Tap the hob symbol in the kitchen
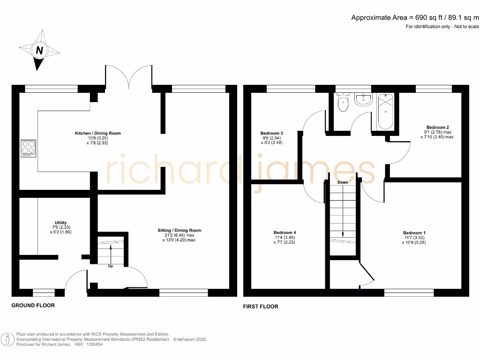click(28, 149)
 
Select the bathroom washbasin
click(363, 99)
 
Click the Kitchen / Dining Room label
click(98, 133)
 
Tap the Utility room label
click(60, 223)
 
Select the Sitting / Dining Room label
click(180, 230)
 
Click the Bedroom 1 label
click(414, 233)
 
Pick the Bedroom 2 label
click(438, 127)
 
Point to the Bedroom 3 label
click(271, 133)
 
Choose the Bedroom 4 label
click(285, 232)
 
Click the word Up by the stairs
click(111, 266)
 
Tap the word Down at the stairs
click(342, 182)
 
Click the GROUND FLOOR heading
click(33, 305)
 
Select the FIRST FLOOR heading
click(260, 307)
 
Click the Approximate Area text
click(415, 18)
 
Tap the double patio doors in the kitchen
click(128, 76)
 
